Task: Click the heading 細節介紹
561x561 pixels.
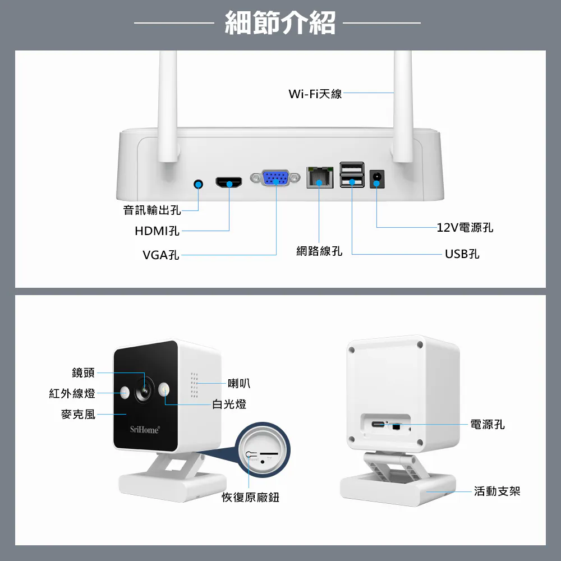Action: (x=280, y=23)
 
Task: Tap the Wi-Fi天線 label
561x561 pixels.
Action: (x=315, y=94)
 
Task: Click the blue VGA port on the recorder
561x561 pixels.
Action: (x=277, y=178)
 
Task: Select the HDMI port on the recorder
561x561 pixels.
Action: (x=229, y=182)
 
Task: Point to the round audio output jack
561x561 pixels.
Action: (x=198, y=184)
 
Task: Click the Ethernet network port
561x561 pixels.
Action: (x=319, y=178)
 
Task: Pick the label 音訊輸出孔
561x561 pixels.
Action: (x=152, y=210)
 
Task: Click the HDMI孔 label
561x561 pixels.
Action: (x=157, y=231)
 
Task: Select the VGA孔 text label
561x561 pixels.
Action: (x=161, y=255)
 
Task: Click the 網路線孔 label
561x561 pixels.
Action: (x=319, y=251)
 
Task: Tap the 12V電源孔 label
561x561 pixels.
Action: (x=465, y=227)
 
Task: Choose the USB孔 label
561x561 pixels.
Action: (x=462, y=254)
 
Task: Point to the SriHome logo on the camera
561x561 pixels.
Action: (x=145, y=430)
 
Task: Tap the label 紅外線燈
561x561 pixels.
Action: (x=72, y=393)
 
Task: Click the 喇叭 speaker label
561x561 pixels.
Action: (x=239, y=383)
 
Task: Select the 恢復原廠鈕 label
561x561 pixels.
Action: (x=250, y=498)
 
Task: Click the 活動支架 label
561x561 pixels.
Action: (x=497, y=491)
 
